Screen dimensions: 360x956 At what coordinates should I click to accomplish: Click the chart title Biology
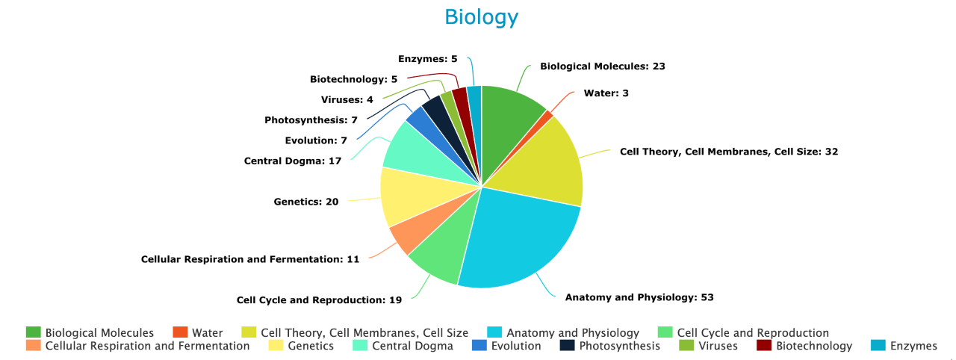tap(481, 17)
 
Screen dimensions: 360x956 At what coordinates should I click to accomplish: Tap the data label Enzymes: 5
tap(427, 58)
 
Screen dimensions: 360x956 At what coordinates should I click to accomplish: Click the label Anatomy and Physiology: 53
tap(639, 297)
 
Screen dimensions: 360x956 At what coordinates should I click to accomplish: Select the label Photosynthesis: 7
tap(311, 120)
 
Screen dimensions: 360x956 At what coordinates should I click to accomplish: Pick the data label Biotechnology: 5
tap(353, 79)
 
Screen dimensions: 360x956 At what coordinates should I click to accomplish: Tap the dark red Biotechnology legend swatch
tap(764, 346)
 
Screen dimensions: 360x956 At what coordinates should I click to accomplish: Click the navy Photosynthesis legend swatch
tap(567, 346)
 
